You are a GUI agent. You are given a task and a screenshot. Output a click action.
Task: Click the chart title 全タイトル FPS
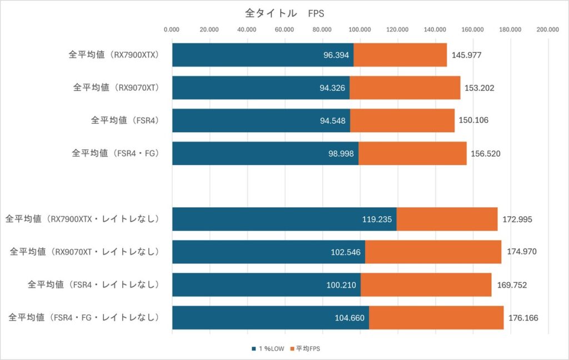tap(284, 13)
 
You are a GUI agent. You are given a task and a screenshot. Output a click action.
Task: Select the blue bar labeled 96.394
tap(262, 55)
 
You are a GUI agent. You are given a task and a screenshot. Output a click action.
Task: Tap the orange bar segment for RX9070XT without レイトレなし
tap(405, 88)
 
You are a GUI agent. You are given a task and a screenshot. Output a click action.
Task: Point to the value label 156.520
tap(486, 153)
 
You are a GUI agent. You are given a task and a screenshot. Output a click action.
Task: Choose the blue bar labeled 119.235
tap(284, 219)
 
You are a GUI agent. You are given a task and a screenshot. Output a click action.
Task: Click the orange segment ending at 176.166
tap(436, 318)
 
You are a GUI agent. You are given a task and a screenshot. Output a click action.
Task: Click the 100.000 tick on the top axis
tap(360, 30)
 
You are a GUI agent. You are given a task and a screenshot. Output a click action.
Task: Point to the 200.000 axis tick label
tap(547, 30)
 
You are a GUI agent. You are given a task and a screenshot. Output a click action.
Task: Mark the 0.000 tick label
tap(172, 30)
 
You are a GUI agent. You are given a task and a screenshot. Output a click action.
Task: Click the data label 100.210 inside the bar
tap(341, 285)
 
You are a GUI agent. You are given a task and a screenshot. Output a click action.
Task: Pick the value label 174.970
tap(521, 252)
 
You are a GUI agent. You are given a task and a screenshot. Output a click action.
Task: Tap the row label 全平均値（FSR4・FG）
tap(116, 153)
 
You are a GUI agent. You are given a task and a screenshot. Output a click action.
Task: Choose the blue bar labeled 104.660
tap(270, 318)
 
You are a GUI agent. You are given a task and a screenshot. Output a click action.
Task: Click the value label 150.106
tap(473, 121)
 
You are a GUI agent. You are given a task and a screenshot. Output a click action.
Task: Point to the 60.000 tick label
tap(284, 30)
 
